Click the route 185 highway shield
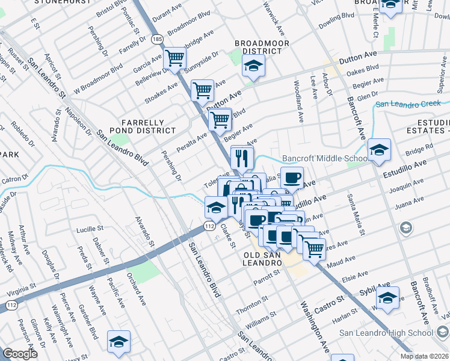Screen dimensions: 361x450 157,39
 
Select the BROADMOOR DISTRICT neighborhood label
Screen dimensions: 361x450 262,48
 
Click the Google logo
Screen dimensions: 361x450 20,354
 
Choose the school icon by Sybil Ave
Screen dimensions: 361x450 387,297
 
